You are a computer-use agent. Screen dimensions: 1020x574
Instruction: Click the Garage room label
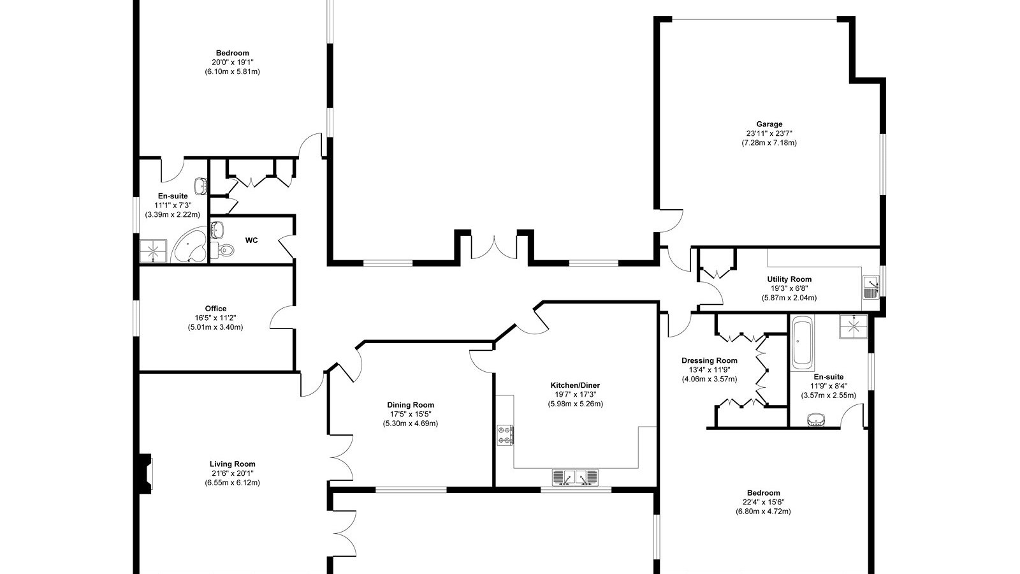(x=769, y=124)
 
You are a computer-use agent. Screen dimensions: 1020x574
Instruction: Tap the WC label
(x=251, y=240)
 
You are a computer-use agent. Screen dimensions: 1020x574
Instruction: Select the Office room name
(x=215, y=309)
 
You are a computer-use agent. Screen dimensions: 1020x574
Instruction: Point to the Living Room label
(x=232, y=464)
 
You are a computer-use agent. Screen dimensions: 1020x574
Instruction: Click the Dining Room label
(x=411, y=404)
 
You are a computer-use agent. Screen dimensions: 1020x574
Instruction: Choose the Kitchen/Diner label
(x=575, y=385)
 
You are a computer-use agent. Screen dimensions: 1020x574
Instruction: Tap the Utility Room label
(x=789, y=279)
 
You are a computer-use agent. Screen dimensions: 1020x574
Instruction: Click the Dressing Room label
(x=709, y=360)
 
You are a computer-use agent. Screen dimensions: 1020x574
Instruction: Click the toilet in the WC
(x=222, y=249)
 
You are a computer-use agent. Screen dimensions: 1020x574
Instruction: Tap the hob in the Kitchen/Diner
(x=505, y=435)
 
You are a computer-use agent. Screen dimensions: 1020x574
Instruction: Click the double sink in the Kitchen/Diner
(x=575, y=478)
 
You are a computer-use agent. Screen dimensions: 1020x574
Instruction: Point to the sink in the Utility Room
(x=871, y=287)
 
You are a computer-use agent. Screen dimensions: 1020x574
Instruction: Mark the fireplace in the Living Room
(x=146, y=474)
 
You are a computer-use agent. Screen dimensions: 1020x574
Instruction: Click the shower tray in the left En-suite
(x=153, y=251)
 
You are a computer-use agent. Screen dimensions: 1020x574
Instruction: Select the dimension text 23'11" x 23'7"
(x=769, y=133)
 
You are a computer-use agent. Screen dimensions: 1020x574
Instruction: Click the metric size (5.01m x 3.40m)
(x=215, y=327)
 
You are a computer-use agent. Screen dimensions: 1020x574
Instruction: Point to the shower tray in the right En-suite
(x=854, y=326)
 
